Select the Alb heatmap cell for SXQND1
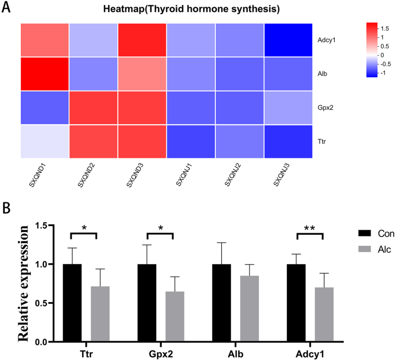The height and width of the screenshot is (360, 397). (45, 74)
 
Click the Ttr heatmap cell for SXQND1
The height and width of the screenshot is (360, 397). (45, 141)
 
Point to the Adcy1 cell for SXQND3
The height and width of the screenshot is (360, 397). (143, 40)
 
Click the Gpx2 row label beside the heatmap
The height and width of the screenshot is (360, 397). (325, 108)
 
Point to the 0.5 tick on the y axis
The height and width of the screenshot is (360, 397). (42, 303)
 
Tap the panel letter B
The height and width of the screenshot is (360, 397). (7, 194)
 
